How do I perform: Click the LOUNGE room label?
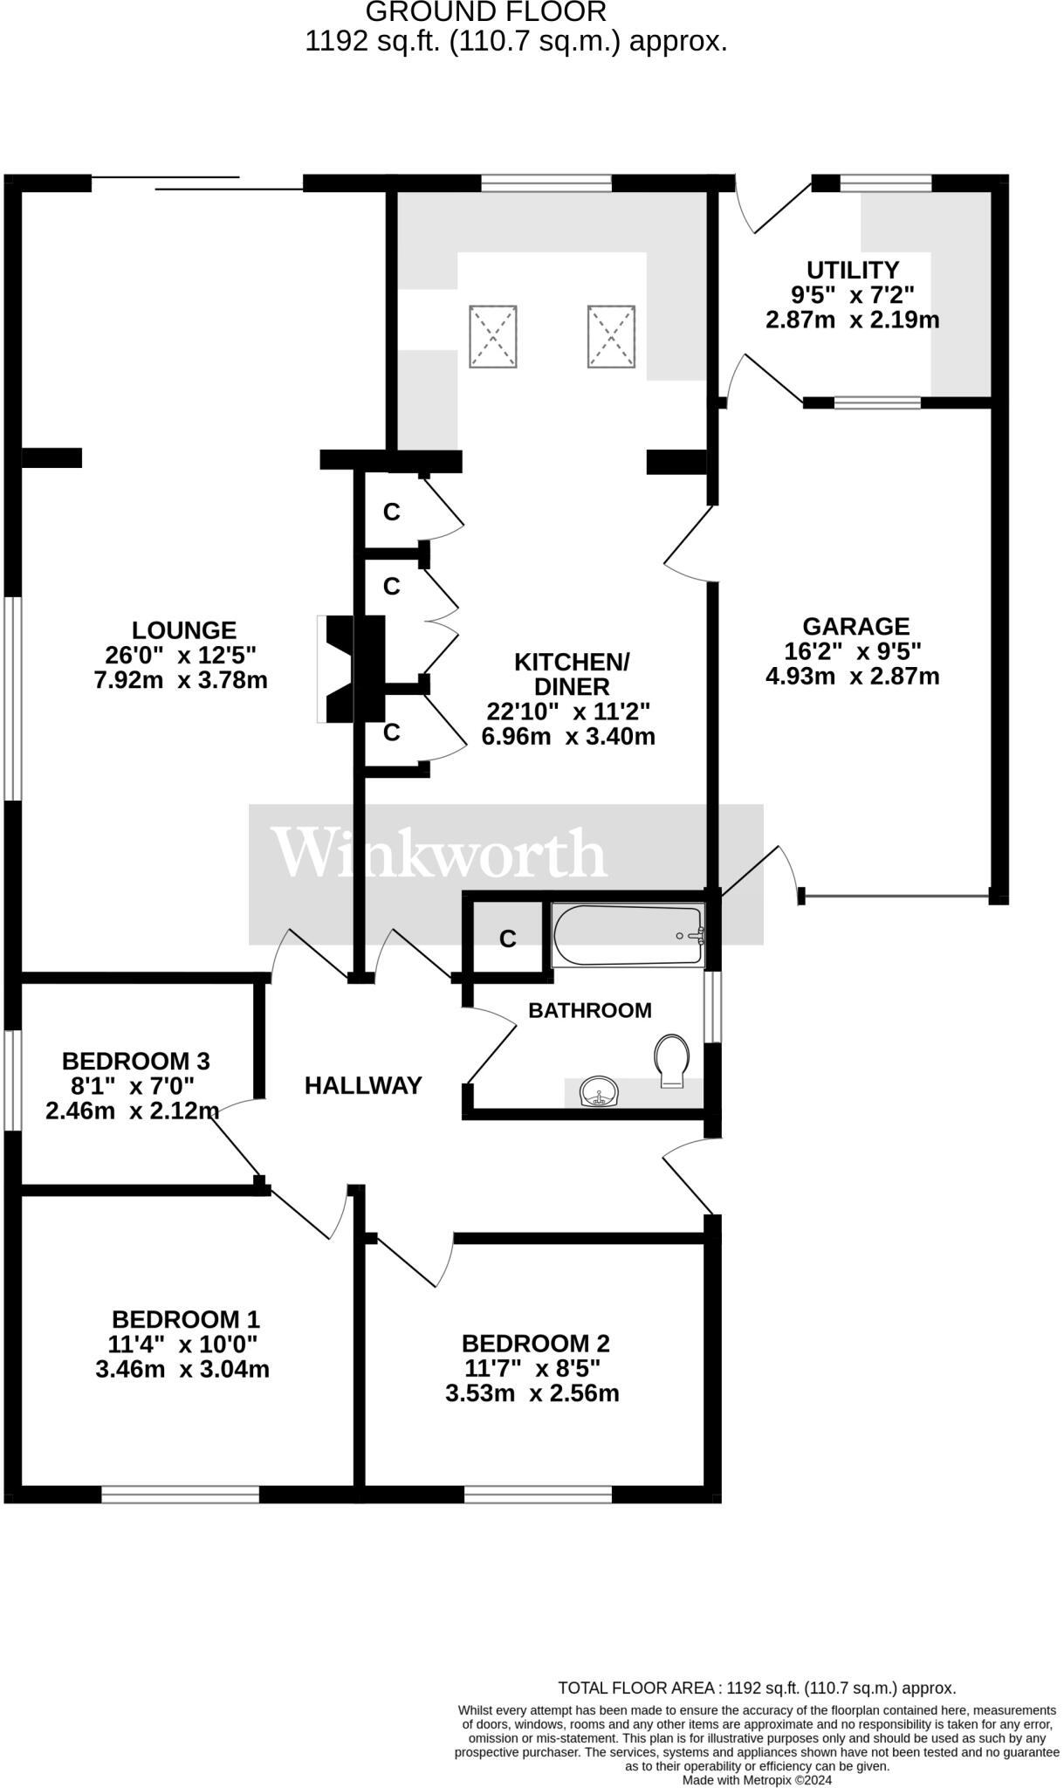[x=183, y=630]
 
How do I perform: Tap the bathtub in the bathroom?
[x=628, y=935]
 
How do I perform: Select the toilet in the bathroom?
[x=671, y=1061]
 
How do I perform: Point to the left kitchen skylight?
[x=493, y=336]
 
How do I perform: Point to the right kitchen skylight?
[x=612, y=336]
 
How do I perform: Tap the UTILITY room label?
[x=852, y=270]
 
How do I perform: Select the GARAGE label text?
[x=855, y=627]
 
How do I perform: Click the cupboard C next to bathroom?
[x=507, y=939]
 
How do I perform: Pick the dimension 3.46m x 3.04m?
[x=182, y=1369]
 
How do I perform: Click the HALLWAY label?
[x=363, y=1085]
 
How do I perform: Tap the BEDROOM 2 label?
[x=535, y=1343]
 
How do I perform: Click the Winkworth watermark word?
[x=438, y=854]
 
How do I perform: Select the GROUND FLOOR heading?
[x=485, y=12]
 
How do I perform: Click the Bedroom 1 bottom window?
[x=181, y=1495]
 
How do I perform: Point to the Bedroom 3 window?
[x=11, y=1081]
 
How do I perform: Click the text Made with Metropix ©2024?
[x=757, y=1779]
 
